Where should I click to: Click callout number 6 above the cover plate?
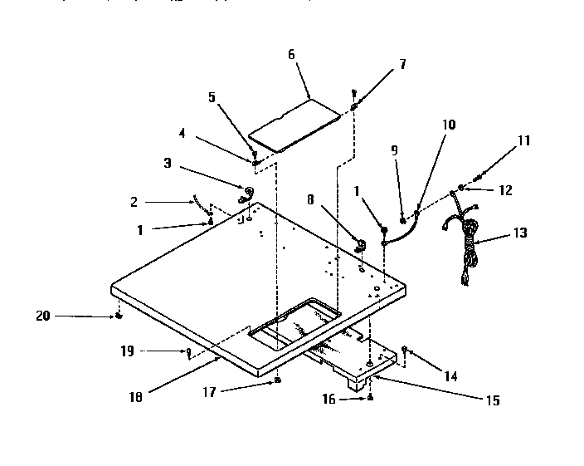pos(291,54)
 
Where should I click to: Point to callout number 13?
pos(520,233)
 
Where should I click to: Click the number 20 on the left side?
pos(43,315)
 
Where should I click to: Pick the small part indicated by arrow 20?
pos(119,316)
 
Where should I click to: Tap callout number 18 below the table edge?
pos(136,396)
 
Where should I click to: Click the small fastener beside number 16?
pos(371,400)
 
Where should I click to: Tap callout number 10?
pos(449,125)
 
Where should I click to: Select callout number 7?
pos(402,64)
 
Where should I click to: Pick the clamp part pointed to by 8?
pos(362,245)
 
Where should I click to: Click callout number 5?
pos(211,96)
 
